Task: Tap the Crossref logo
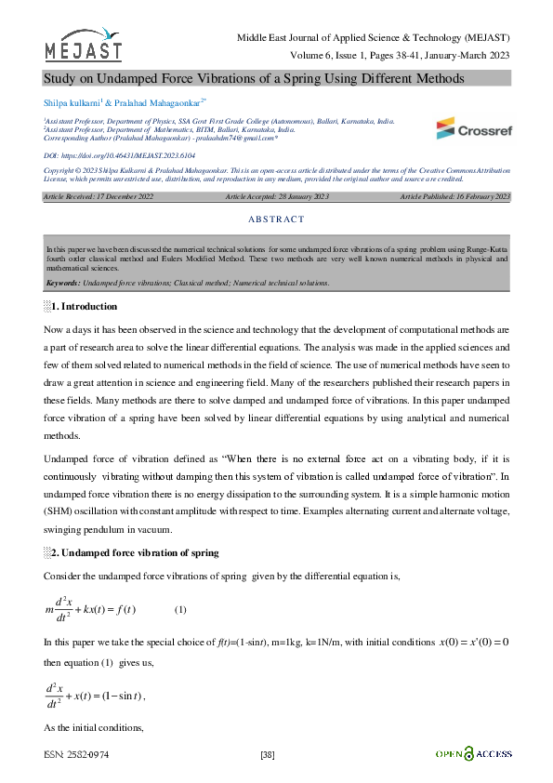[472, 127]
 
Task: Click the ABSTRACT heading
[276, 219]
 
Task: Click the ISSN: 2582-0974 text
[76, 754]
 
